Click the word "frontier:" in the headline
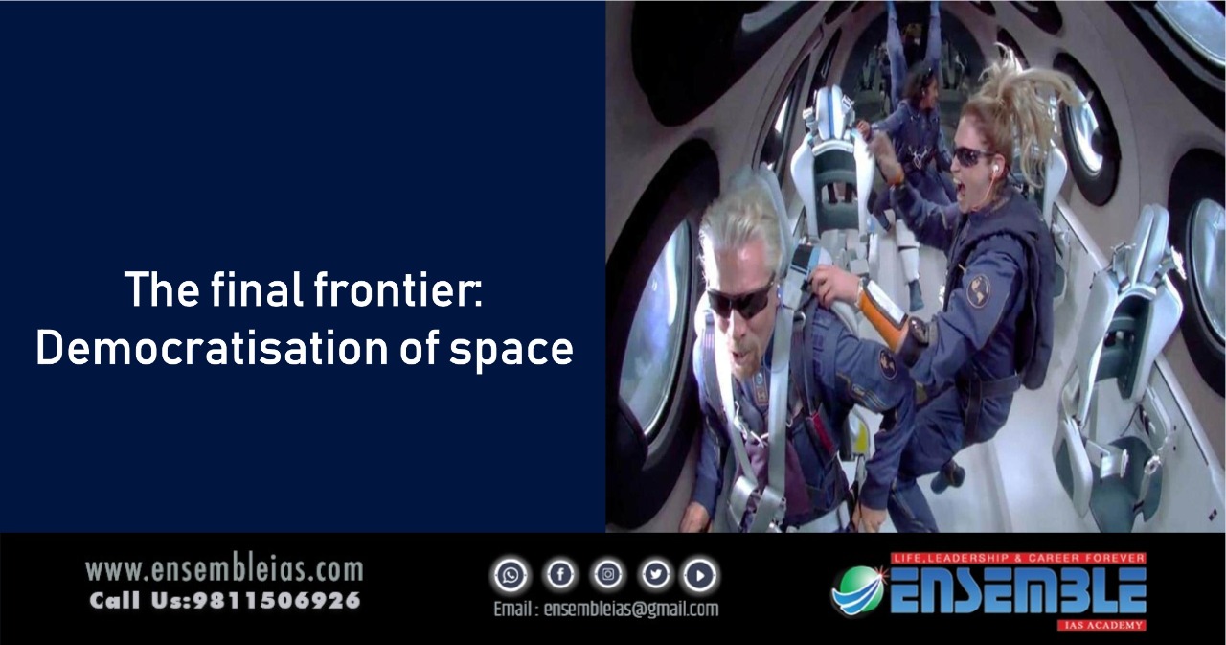click(397, 289)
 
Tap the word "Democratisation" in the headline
click(213, 348)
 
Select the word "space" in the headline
click(511, 352)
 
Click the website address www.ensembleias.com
click(224, 570)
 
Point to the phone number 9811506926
click(277, 601)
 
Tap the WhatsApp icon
click(511, 575)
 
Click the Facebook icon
click(560, 575)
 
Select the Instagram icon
click(607, 575)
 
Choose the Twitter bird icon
click(656, 575)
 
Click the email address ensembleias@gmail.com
click(630, 610)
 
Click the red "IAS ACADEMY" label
click(1101, 625)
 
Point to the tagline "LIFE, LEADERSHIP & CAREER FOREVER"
click(1018, 558)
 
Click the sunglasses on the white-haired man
click(740, 298)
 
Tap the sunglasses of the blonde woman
click(970, 157)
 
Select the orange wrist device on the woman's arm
click(882, 313)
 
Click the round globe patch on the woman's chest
click(978, 290)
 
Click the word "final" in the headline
click(257, 289)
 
